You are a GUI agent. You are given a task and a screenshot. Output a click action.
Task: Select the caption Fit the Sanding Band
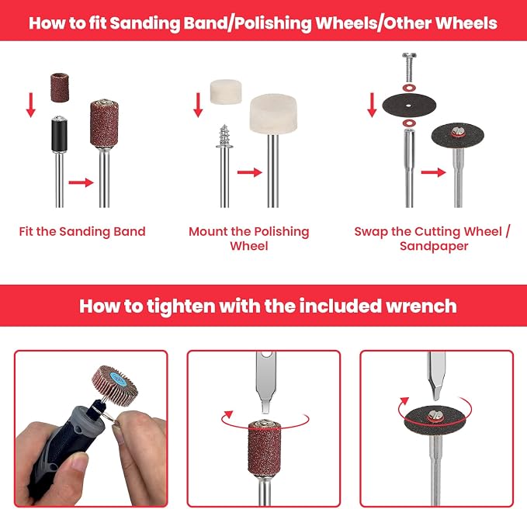82,231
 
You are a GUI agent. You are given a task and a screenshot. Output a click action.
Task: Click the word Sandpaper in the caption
434,246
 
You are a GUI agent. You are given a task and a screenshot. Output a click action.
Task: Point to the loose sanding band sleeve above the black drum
60,87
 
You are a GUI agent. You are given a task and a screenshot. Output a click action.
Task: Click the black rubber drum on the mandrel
59,134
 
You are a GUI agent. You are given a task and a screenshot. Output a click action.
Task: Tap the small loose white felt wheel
226,92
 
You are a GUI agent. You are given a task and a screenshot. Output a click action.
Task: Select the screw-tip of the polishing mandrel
224,136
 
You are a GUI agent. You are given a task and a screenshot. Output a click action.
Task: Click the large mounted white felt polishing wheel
273,114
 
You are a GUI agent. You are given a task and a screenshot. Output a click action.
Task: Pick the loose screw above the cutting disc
409,68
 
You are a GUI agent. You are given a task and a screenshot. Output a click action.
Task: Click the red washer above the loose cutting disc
409,88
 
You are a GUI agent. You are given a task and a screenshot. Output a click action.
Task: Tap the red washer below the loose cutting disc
409,123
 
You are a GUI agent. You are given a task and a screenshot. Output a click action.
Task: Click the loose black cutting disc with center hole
409,106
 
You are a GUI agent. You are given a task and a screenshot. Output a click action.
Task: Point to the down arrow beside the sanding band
31,106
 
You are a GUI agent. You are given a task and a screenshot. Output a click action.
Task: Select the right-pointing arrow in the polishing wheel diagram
250,172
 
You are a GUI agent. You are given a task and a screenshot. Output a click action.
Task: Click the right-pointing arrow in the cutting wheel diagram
434,172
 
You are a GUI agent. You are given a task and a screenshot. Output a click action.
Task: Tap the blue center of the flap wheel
118,379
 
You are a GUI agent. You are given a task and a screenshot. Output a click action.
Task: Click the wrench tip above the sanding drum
265,407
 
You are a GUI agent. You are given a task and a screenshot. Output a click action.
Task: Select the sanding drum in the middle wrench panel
265,446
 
